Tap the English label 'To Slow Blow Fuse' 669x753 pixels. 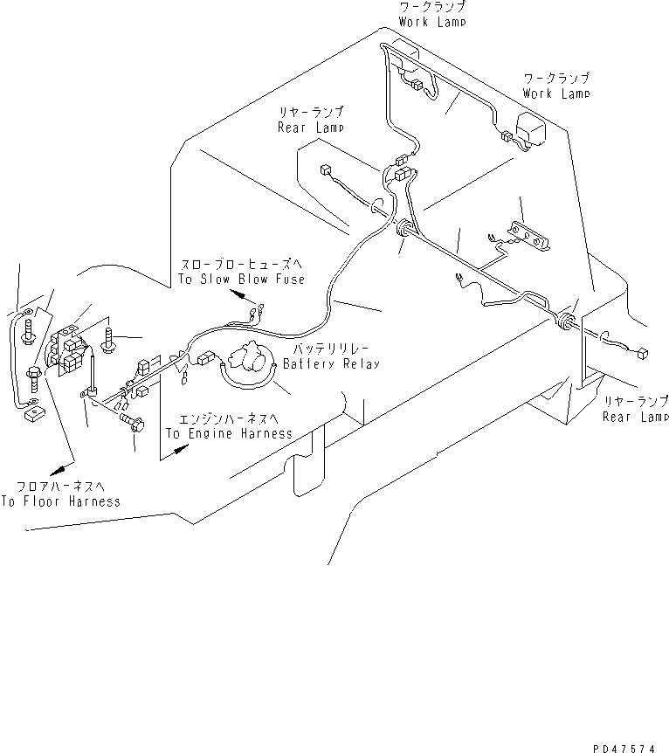coord(242,279)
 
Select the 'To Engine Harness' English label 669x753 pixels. coord(229,433)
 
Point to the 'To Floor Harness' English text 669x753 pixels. coord(60,501)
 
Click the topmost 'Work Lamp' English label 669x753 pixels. coord(432,22)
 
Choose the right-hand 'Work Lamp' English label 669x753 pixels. coord(556,93)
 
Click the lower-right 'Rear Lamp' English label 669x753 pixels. coord(635,417)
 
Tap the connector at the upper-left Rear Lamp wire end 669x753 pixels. coord(326,172)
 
